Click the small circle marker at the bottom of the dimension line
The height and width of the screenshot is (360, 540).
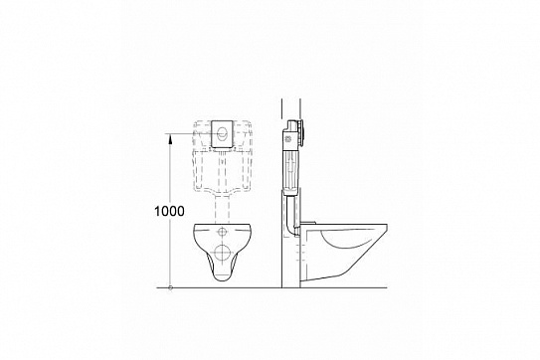pyautogui.click(x=171, y=288)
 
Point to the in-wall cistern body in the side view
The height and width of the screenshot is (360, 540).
pyautogui.click(x=289, y=164)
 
